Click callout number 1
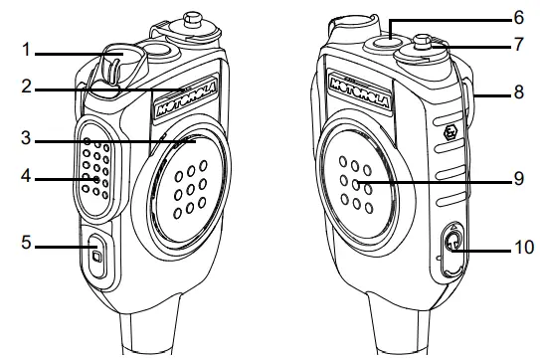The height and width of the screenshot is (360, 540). click(x=13, y=49)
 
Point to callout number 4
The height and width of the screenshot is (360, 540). click(x=13, y=179)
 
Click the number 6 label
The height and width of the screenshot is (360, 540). click(x=517, y=17)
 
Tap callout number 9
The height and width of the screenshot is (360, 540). click(x=517, y=181)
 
